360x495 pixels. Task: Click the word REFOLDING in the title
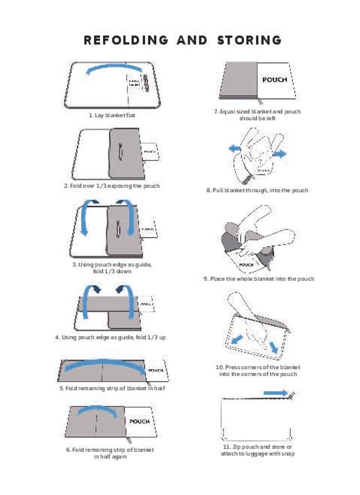tap(126, 40)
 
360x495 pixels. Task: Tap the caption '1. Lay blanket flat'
tap(112, 115)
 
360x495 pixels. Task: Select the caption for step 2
tap(111, 185)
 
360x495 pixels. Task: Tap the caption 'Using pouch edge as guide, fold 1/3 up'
tap(110, 337)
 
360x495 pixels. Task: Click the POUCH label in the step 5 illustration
tap(156, 370)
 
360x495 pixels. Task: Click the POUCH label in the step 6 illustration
tap(139, 421)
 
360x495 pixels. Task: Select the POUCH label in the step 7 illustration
tap(274, 80)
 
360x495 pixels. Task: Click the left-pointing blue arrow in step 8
tap(235, 149)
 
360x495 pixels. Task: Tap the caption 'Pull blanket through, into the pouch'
tap(257, 190)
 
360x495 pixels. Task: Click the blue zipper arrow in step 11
tap(275, 392)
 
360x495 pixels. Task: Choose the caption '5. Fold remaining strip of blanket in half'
tap(112, 388)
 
